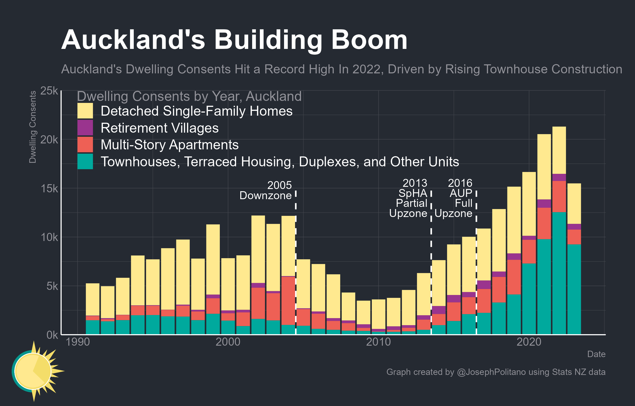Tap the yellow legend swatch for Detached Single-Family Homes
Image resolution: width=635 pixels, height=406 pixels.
point(85,111)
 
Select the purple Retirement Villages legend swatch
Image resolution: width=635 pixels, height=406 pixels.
point(85,128)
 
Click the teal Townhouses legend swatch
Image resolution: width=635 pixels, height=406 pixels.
point(85,161)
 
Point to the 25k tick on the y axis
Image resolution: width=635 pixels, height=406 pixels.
point(49,91)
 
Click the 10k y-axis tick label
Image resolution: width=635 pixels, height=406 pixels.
point(49,237)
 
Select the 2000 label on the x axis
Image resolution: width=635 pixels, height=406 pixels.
point(228,342)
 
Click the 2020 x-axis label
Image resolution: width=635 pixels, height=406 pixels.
point(529,342)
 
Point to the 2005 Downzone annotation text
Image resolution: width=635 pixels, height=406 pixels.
point(266,190)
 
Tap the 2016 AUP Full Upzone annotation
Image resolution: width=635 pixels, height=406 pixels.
point(454,198)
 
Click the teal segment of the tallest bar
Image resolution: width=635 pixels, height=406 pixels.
point(559,273)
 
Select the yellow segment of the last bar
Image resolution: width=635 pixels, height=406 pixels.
point(574,204)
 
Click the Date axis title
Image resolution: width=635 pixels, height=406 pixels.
point(596,354)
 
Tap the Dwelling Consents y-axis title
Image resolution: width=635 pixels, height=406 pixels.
point(32,127)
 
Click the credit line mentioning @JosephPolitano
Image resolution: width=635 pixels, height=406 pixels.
point(496,372)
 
